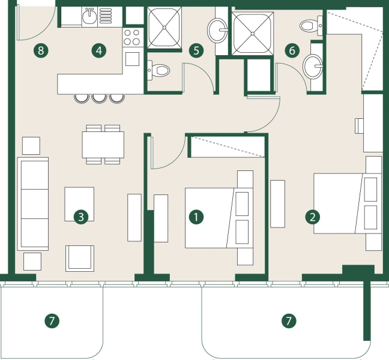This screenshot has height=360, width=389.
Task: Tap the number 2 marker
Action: tap(312, 217)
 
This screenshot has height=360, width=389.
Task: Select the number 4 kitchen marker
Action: tap(99, 50)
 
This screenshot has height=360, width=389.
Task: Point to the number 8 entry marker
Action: tap(40, 50)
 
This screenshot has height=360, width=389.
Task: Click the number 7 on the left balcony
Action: tap(52, 321)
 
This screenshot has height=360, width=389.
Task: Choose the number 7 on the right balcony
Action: tap(289, 321)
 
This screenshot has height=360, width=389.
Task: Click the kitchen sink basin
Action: tap(89, 17)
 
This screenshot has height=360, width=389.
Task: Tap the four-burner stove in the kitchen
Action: tap(132, 38)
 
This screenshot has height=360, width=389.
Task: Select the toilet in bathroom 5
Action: tap(159, 70)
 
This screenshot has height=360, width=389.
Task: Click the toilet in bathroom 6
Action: tap(309, 25)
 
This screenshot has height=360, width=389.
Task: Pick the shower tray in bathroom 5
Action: tap(164, 28)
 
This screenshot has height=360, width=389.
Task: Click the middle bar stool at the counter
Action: tap(98, 98)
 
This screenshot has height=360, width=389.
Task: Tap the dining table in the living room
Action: tap(103, 144)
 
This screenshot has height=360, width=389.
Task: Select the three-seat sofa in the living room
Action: tap(33, 204)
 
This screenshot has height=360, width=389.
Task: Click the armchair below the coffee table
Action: tap(80, 257)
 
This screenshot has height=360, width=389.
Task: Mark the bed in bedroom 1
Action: tap(210, 217)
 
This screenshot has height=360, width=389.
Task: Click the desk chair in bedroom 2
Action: tap(359, 125)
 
